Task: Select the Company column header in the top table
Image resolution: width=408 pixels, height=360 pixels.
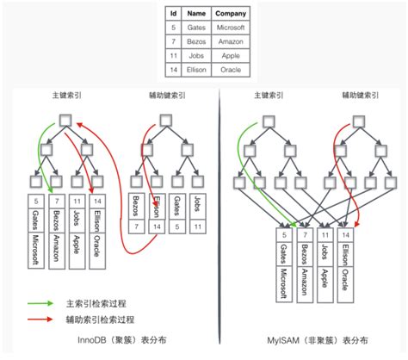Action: [x=231, y=13]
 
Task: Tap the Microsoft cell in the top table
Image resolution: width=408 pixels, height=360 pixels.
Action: [x=231, y=28]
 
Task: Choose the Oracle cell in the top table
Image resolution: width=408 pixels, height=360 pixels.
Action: [x=231, y=68]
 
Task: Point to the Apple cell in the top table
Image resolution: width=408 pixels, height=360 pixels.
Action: [x=231, y=54]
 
